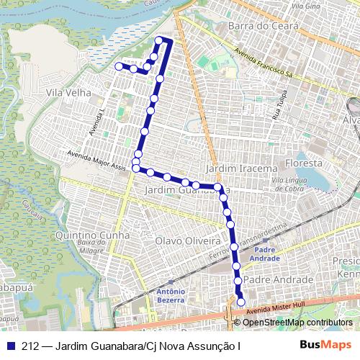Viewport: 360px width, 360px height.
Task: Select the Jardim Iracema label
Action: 241,168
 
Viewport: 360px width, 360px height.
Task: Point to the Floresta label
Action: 303,163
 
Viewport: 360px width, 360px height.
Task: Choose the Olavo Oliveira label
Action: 188,240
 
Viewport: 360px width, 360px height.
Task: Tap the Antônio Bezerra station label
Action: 171,295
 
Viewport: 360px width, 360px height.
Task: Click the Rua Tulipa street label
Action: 278,107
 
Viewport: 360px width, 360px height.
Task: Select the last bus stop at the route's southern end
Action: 240,302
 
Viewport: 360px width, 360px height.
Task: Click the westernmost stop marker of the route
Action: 119,66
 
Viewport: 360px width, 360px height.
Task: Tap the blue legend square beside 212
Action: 11,345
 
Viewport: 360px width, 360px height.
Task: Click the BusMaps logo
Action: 325,345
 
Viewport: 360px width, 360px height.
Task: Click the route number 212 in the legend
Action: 30,345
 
